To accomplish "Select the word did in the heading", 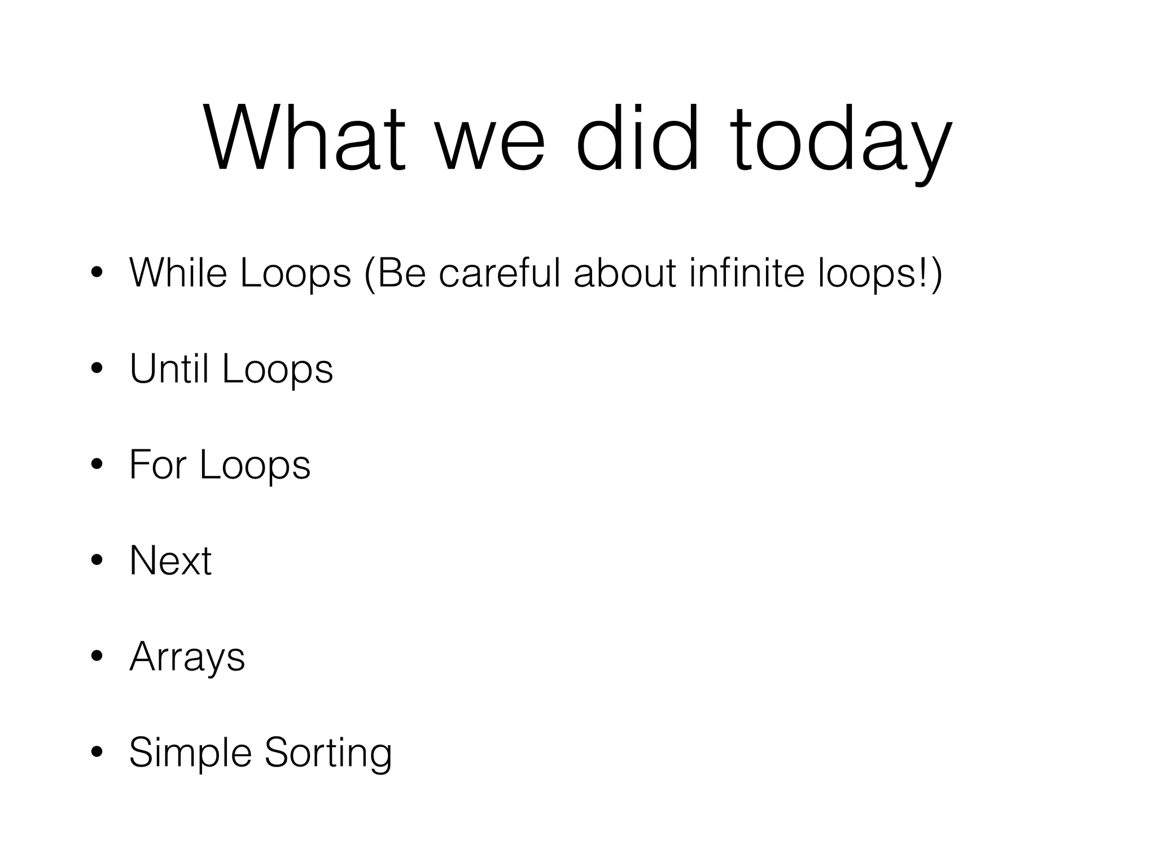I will pyautogui.click(x=638, y=138).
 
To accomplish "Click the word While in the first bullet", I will pyautogui.click(x=178, y=273).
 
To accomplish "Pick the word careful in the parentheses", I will pyautogui.click(x=499, y=273).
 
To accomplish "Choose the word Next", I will pyautogui.click(x=170, y=561).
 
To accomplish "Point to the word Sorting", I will pyautogui.click(x=328, y=754).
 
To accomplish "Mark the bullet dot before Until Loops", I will pyautogui.click(x=97, y=369).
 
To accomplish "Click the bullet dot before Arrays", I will pyautogui.click(x=97, y=656).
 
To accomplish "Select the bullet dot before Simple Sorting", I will pyautogui.click(x=97, y=752).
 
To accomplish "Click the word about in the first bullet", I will pyautogui.click(x=624, y=273).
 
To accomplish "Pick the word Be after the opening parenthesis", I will pyautogui.click(x=400, y=273).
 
